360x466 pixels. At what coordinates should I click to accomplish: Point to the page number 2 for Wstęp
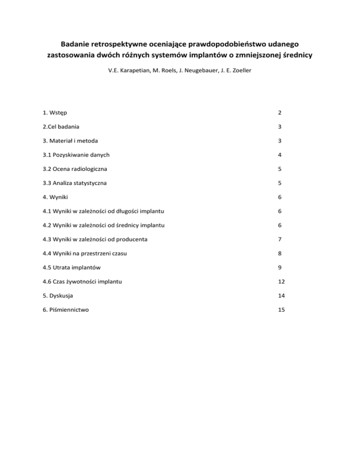click(x=279, y=113)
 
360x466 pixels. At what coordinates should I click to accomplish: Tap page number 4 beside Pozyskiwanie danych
click(x=279, y=155)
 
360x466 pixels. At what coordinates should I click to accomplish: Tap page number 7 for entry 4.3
click(x=279, y=239)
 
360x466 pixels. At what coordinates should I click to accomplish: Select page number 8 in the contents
click(x=279, y=253)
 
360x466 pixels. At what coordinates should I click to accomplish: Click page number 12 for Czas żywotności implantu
click(x=281, y=281)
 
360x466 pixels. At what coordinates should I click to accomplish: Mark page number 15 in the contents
click(x=281, y=309)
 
